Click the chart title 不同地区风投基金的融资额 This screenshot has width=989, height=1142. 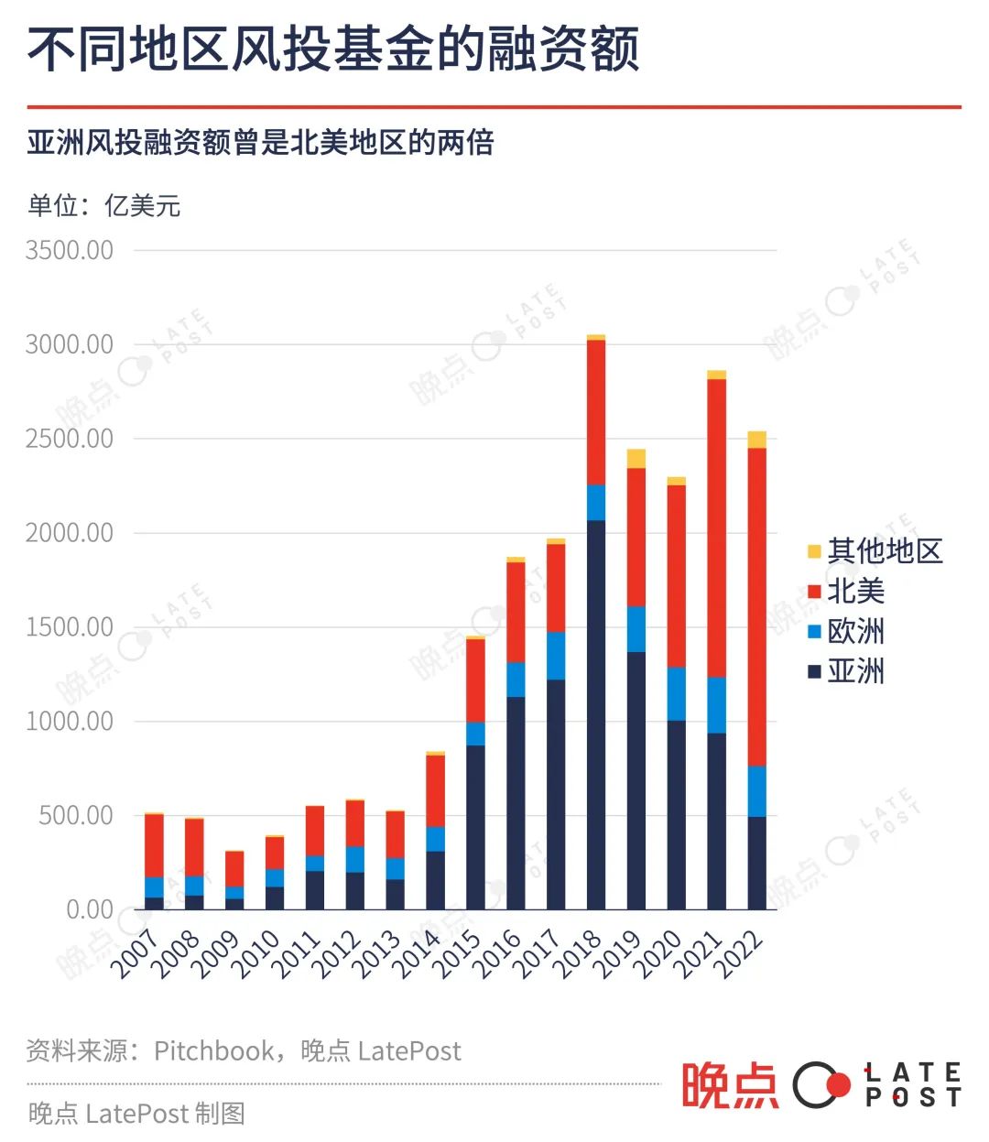pos(333,49)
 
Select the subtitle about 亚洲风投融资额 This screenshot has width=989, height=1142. pos(261,143)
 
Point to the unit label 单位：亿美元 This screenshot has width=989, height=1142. pos(103,206)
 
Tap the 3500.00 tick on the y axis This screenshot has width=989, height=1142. pos(70,250)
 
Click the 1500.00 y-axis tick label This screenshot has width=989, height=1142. pos(70,627)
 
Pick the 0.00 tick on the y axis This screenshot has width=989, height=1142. pos(90,909)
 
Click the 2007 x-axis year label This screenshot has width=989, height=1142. pos(136,954)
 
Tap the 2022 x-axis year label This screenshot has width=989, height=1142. pos(740,954)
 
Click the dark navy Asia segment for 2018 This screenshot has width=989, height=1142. pos(596,714)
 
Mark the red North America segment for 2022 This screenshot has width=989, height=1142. pos(757,606)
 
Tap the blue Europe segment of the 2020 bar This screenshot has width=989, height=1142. pos(677,693)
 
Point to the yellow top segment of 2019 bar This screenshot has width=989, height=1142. pos(636,458)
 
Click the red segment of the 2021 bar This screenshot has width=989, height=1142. pos(717,527)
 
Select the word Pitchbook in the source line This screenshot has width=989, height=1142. pos(213,1050)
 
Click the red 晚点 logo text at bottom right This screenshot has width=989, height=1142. pos(730,1086)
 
